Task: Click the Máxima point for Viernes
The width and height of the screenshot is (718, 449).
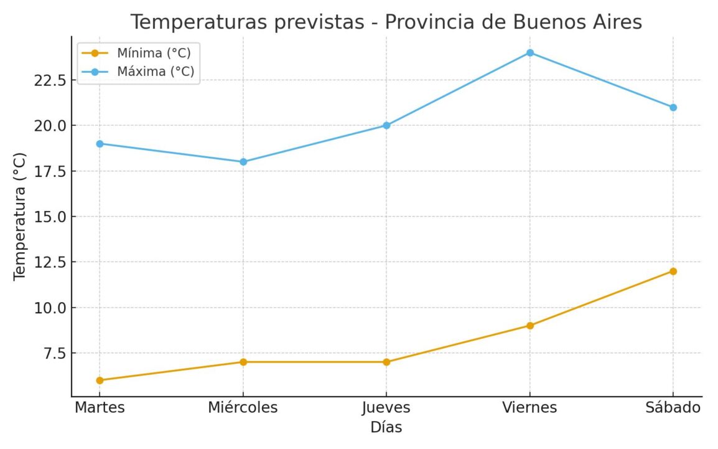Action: (x=529, y=53)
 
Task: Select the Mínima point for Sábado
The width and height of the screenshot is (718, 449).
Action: (x=673, y=272)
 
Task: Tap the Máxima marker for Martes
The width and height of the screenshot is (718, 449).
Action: (x=100, y=144)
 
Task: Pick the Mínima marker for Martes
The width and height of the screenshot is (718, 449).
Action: (x=100, y=380)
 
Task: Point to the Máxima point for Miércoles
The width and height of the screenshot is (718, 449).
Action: (x=243, y=162)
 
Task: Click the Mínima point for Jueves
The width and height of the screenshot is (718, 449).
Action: (x=386, y=362)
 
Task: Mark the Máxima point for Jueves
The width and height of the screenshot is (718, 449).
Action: (x=386, y=125)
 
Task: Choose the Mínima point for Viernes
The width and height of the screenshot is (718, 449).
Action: (x=529, y=326)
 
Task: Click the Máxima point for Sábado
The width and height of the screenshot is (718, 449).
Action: (x=673, y=107)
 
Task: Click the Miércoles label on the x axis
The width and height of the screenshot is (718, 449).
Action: (x=243, y=407)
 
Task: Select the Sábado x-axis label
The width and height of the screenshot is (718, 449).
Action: (x=673, y=407)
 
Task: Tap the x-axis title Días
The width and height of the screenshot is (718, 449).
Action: (x=386, y=428)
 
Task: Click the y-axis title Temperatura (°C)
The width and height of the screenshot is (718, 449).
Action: (x=20, y=217)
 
